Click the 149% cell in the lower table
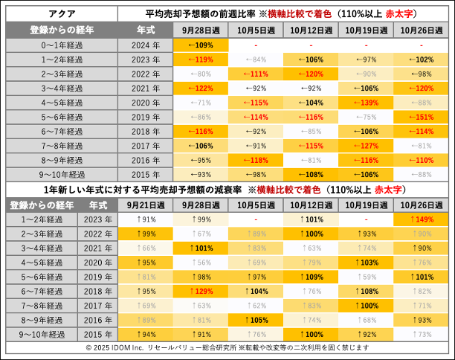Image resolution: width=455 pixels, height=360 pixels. [x=422, y=219]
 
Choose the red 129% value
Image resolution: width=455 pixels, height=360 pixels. [x=200, y=291]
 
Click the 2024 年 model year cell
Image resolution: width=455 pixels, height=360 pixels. [x=145, y=45]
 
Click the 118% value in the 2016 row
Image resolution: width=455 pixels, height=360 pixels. [x=255, y=160]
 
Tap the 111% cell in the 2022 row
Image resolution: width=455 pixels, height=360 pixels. [x=255, y=74]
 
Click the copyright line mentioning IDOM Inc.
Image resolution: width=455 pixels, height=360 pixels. [x=227, y=347]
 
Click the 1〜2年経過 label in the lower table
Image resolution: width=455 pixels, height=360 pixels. [x=42, y=219]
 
